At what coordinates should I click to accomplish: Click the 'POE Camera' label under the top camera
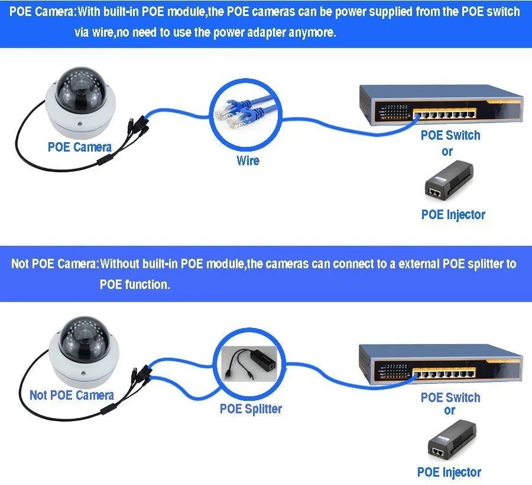click(79, 147)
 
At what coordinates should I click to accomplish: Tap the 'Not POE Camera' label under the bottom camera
click(72, 395)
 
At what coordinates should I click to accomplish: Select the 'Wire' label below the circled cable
click(248, 160)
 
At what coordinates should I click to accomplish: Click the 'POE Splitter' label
click(251, 409)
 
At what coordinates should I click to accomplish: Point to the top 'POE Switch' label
click(450, 135)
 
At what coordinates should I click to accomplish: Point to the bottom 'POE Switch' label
click(450, 397)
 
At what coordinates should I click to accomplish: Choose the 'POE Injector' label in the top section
click(453, 214)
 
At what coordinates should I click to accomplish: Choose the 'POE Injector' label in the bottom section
click(449, 472)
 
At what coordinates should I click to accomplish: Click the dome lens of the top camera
click(77, 89)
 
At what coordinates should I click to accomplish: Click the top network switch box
click(440, 105)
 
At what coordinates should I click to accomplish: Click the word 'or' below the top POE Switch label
click(447, 151)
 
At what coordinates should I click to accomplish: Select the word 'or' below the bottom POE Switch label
click(449, 410)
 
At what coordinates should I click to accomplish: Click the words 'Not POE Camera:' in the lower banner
click(54, 264)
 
